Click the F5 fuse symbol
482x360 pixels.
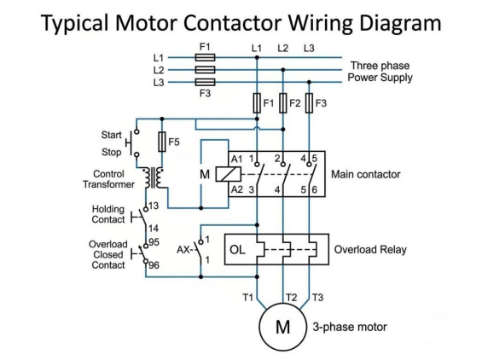162,142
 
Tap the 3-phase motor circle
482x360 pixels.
283,327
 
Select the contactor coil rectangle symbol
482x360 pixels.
229,174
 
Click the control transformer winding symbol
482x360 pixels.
154,177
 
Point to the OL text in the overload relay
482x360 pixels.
237,250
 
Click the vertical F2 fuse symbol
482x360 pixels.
283,103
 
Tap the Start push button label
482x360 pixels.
111,135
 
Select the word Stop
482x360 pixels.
111,152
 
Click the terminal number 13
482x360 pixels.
154,206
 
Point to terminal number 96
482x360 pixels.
154,265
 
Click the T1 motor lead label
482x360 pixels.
247,298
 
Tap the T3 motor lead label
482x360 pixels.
317,298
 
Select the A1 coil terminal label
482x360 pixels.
236,159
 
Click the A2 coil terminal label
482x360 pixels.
236,189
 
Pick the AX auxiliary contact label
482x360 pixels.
183,250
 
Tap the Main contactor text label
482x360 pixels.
366,174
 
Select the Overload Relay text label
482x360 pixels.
370,249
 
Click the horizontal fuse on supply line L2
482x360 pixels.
206,70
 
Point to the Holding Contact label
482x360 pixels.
108,214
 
